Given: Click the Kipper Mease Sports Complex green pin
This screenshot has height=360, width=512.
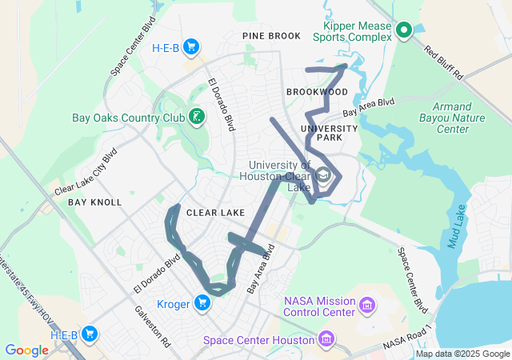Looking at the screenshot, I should point(403,30).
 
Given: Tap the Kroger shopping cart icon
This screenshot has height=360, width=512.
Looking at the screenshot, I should point(202,302).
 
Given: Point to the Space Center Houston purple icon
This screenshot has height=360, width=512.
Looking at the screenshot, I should point(326,340).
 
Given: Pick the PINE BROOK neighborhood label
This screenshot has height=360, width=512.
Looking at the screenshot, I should point(272,36).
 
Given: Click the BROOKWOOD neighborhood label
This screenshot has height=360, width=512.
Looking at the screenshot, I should point(317,92).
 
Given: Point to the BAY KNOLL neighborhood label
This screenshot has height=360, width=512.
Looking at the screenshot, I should point(94,202).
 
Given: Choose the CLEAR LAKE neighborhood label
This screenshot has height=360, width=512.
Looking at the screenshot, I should point(215,214).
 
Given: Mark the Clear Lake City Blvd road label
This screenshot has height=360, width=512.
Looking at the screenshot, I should point(87,174).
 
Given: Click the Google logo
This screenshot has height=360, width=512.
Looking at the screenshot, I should point(26,350).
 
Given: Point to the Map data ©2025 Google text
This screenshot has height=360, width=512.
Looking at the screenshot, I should point(462,354).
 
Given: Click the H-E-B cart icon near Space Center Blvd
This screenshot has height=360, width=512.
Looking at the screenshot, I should point(190,47).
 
